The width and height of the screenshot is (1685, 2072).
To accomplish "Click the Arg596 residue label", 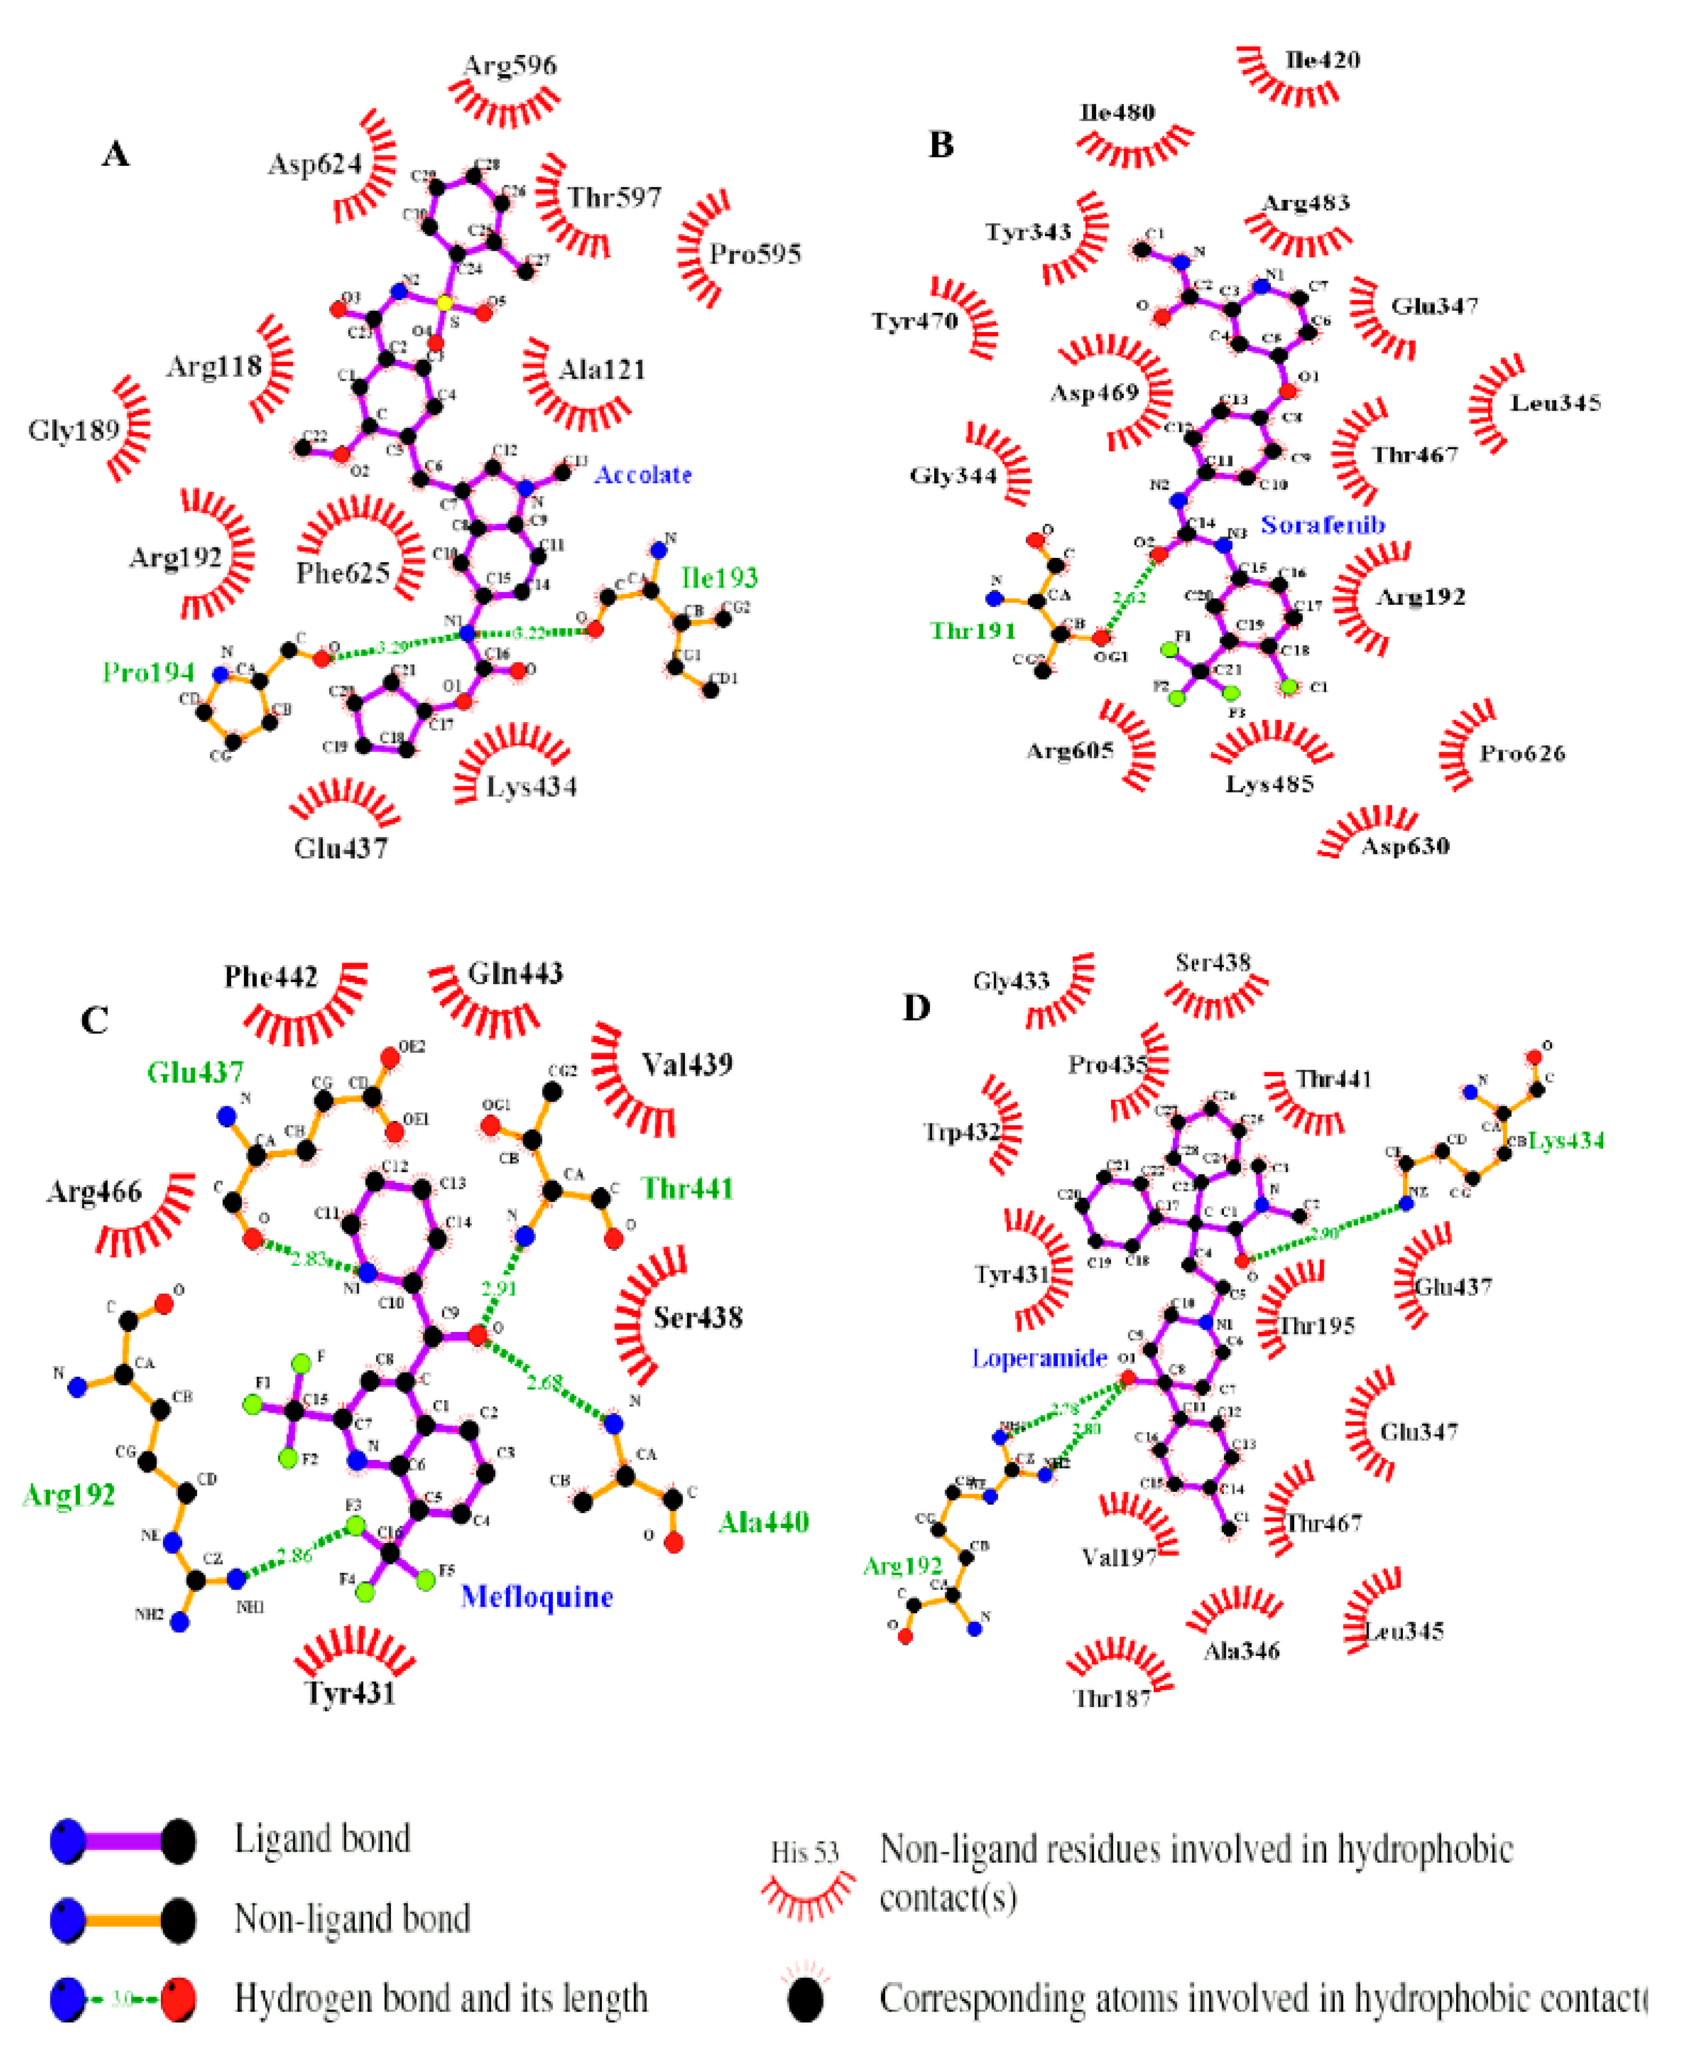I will click(510, 66).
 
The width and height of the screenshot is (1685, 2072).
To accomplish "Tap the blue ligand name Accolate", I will click(643, 475).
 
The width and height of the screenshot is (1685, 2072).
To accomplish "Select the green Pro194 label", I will click(149, 672).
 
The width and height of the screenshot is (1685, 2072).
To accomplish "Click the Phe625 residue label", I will click(342, 573).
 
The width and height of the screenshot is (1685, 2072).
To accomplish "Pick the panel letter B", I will click(941, 144).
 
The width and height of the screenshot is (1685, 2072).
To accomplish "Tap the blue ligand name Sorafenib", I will click(1322, 525).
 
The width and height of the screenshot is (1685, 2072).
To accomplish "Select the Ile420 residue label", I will click(1322, 60).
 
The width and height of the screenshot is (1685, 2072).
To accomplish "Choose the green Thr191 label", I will click(972, 631).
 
